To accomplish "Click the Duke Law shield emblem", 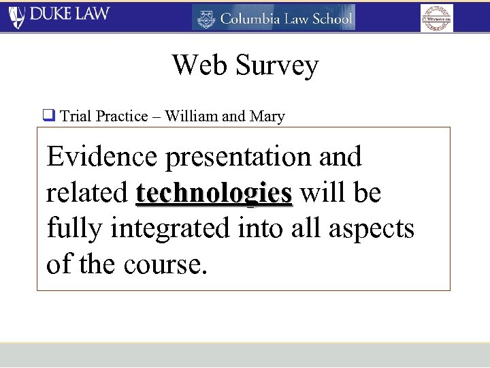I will coord(16,16).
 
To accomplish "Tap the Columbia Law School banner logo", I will coord(274,18).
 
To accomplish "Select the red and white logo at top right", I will coord(436,18).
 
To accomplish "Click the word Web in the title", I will coord(199,65).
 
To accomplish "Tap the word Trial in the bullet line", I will coord(76,116).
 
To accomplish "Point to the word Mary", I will coord(267,117).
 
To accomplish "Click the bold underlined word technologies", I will coord(214,194).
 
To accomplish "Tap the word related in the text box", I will coord(87,193).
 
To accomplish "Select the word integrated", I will coord(170,230).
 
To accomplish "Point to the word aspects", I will coord(372,230).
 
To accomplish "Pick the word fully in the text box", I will coord(74,230).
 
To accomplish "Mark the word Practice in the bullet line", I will coord(122,116).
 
